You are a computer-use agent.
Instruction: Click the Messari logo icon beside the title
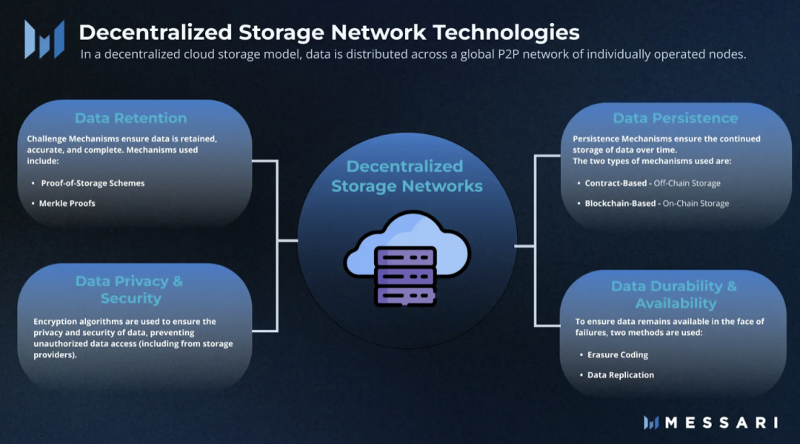coord(39,39)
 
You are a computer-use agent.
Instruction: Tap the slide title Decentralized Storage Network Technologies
coord(329,33)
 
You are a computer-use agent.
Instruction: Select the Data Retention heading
coord(130,118)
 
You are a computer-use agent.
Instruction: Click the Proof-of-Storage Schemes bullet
coord(93,183)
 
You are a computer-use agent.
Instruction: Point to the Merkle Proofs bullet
coord(67,203)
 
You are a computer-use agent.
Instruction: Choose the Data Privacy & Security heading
coord(130,290)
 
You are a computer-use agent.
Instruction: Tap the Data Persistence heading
coord(675,118)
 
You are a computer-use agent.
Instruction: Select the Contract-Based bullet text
coord(616,183)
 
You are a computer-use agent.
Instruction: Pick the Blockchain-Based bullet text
coord(620,203)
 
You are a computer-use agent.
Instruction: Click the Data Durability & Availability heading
coord(674,294)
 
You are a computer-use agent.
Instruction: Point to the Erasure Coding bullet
coord(618,355)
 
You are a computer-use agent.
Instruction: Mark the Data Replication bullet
coord(621,375)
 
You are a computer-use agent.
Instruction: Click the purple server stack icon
coord(406,275)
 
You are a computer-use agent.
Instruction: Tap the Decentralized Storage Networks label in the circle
coord(407,176)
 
